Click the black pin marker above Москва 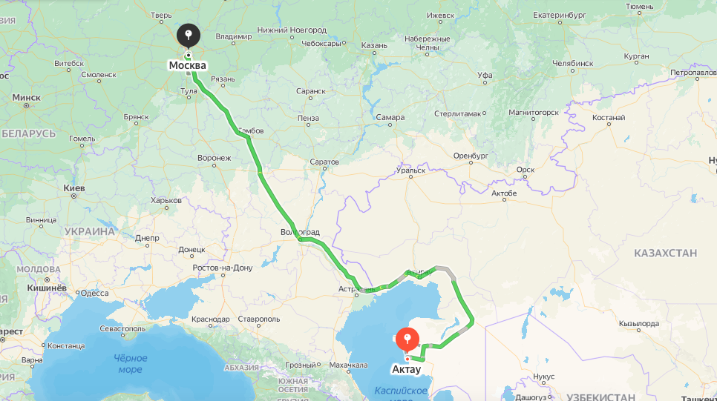tap(189, 35)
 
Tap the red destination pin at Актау tap(406, 339)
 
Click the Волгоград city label tap(300, 232)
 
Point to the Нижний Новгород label tap(292, 30)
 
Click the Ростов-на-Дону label tap(222, 268)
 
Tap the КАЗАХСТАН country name tap(665, 253)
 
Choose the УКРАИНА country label tap(89, 231)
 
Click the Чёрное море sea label tap(130, 363)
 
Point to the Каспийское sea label tap(401, 391)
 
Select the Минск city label tap(26, 97)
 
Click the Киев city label tap(73, 188)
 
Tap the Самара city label tap(390, 117)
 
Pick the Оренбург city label tap(471, 156)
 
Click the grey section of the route tap(444, 269)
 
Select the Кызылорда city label tap(639, 324)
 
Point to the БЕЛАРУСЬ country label tap(28, 133)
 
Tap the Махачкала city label tap(348, 365)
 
